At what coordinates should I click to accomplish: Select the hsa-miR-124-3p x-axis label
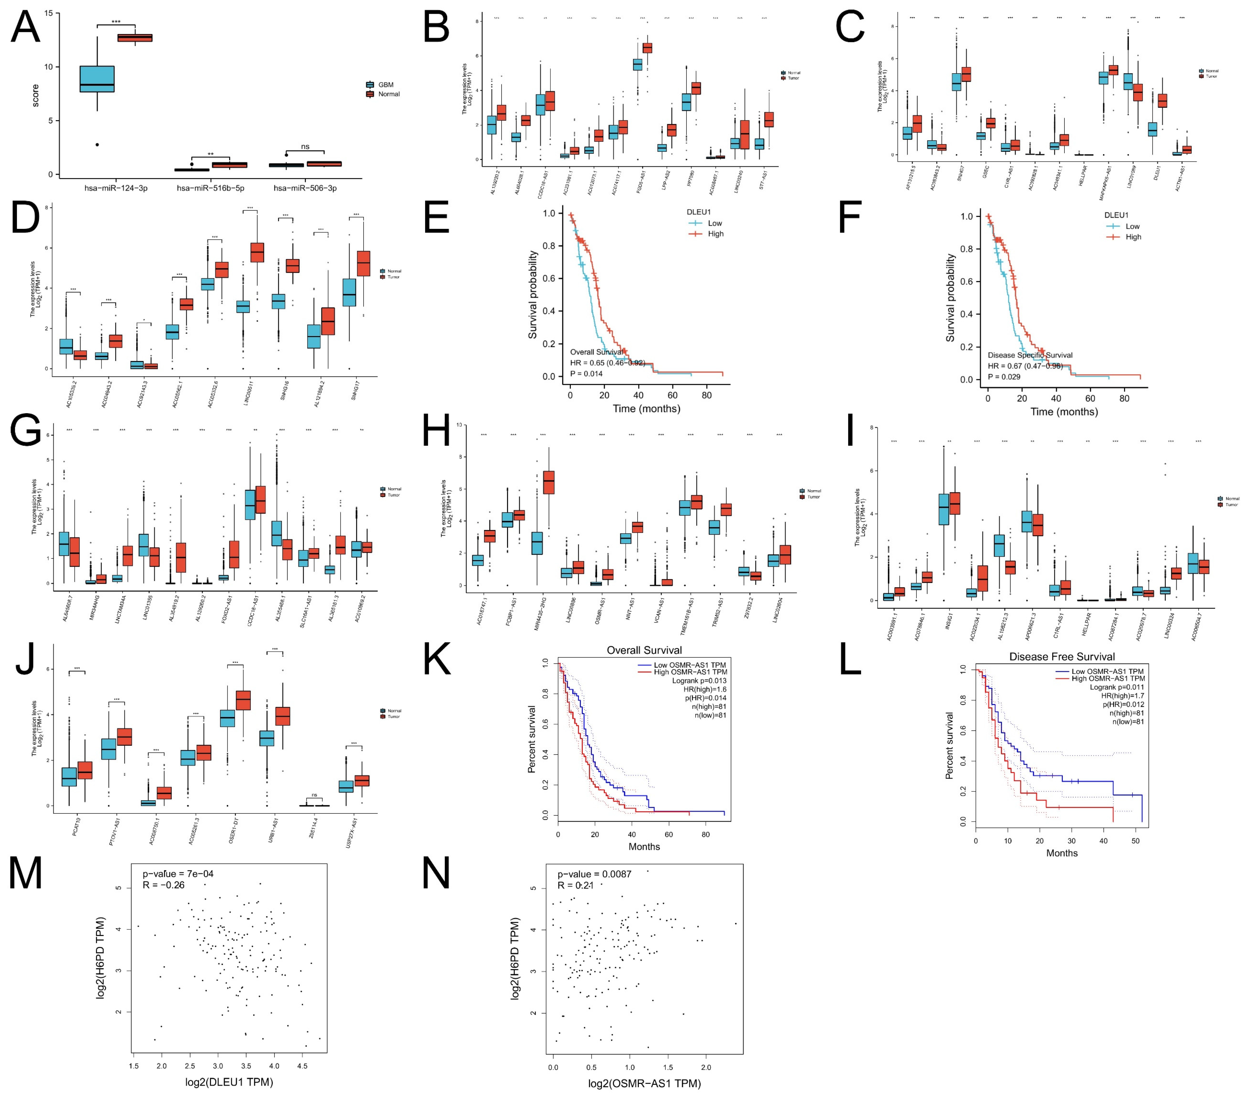(116, 188)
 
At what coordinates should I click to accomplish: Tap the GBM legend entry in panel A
(385, 84)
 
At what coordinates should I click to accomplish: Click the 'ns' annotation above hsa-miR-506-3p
(305, 147)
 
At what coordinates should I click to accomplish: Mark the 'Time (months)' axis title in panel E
(647, 408)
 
